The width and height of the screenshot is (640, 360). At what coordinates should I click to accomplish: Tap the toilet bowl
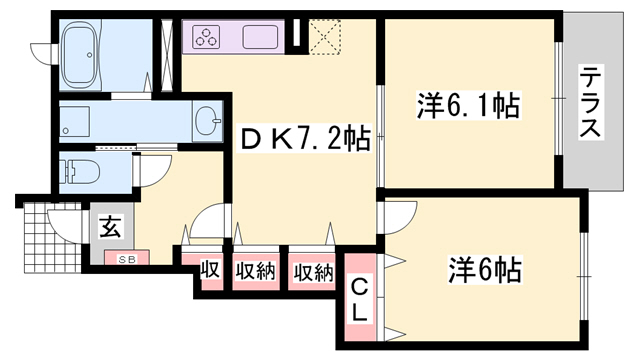80,172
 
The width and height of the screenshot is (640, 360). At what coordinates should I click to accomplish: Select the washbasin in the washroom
207,120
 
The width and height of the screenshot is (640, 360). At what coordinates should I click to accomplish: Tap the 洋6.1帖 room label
468,104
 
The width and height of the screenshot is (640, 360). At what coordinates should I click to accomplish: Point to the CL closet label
359,300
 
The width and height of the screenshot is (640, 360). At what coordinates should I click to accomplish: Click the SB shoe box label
128,260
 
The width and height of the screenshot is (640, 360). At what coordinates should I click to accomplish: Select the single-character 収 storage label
210,271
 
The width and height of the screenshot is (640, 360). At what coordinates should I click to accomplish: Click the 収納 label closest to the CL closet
312,271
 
